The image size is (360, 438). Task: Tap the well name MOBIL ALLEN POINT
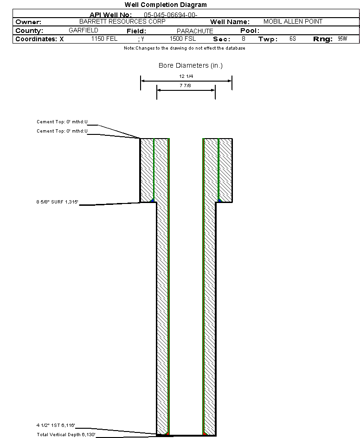pos(293,22)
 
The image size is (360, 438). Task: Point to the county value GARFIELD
pos(83,30)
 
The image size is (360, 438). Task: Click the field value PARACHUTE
pos(195,31)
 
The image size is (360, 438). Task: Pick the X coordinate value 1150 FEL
pos(104,39)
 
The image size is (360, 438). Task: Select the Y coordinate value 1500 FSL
pos(183,39)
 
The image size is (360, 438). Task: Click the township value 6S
pos(292,39)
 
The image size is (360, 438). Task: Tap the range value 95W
pos(342,39)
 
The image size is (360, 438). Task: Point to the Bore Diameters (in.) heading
pos(191,65)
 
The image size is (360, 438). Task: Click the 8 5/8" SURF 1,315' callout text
pos(58,202)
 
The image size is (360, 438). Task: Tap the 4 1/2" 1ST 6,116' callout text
pos(56,425)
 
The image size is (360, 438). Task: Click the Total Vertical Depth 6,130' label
pos(66,434)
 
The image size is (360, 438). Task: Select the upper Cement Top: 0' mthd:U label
pos(62,122)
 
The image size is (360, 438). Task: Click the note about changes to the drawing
pos(185,48)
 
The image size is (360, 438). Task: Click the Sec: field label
pos(222,39)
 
